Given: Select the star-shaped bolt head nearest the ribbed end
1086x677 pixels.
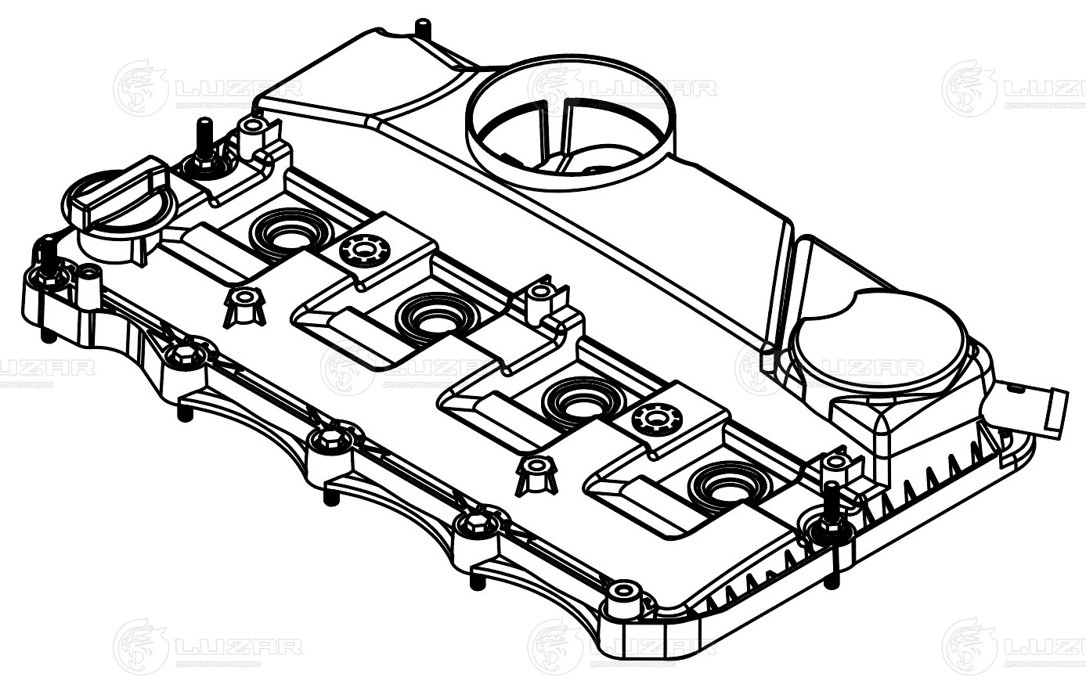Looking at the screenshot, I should pos(656,419).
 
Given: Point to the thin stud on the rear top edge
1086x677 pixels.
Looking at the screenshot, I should pos(423,27).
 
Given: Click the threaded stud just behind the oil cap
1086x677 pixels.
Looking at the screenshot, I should pos(205,141).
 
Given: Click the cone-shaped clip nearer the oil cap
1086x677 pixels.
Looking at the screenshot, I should pos(244,305).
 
